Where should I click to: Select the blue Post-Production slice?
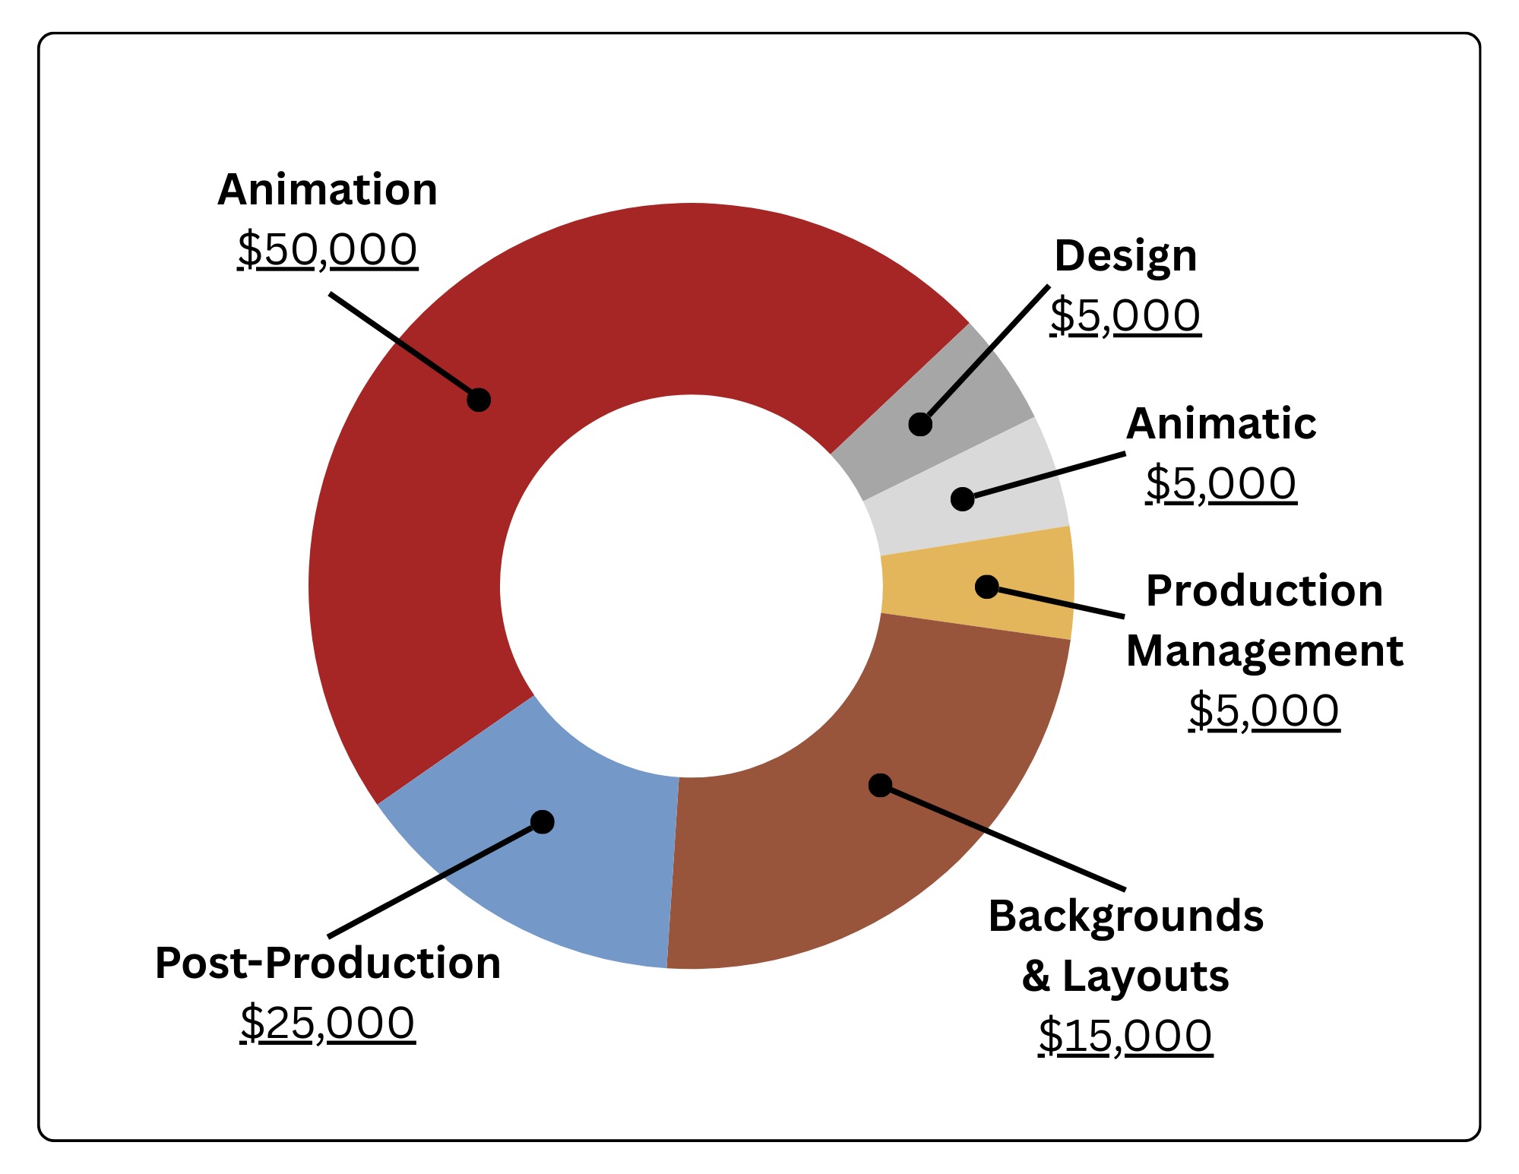tap(578, 874)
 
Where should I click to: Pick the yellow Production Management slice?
tap(1033, 585)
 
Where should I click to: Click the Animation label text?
tap(328, 189)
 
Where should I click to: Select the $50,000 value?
tap(328, 249)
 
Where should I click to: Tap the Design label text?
tap(1125, 256)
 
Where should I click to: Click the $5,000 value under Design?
tap(1125, 315)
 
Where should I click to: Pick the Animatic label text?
tap(1221, 423)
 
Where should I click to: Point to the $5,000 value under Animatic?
tap(1221, 483)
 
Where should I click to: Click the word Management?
tap(1264, 651)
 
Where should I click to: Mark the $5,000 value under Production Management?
tap(1264, 711)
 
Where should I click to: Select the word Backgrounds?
tap(1125, 916)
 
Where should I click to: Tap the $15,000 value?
tap(1125, 1035)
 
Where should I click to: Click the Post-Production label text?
tap(328, 963)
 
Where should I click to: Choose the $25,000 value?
tap(328, 1023)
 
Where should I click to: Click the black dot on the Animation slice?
tap(479, 400)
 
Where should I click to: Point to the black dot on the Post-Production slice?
tap(543, 821)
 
